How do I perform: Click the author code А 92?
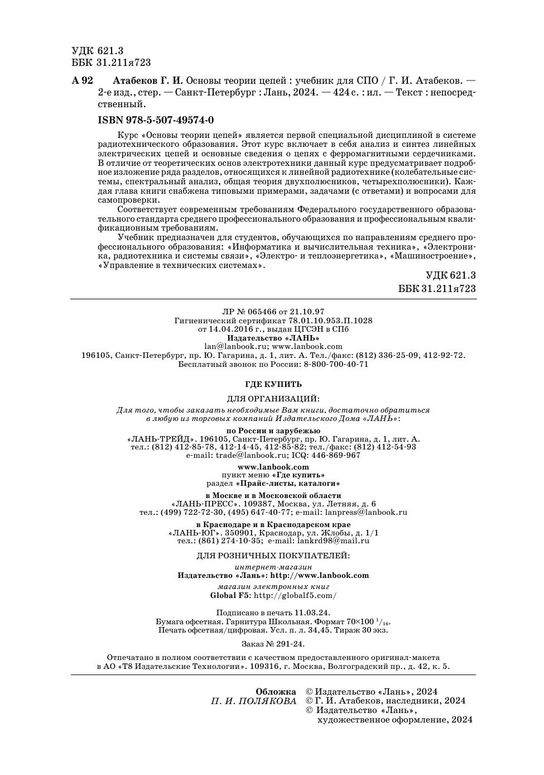tap(83, 80)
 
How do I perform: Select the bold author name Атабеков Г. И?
tap(148, 80)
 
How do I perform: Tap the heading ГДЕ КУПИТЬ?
tap(273, 384)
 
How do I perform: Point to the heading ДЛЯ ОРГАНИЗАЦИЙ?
tap(273, 399)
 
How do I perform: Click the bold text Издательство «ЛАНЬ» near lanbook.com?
tap(273, 338)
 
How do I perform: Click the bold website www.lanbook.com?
tap(273, 467)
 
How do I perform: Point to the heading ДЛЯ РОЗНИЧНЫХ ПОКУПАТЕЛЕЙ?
tap(273, 556)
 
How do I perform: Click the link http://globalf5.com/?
tap(295, 595)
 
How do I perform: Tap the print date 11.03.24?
tap(312, 612)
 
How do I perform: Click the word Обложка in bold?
tap(276, 692)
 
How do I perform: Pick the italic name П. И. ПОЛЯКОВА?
tap(254, 701)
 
